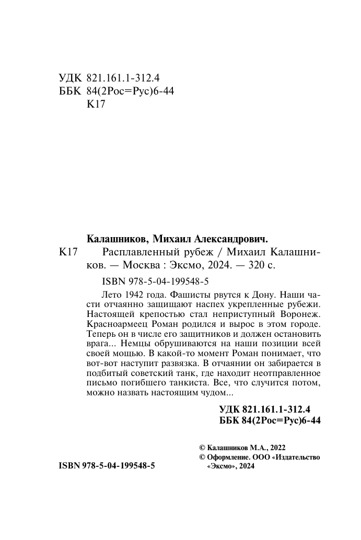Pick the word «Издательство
click(289, 457)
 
